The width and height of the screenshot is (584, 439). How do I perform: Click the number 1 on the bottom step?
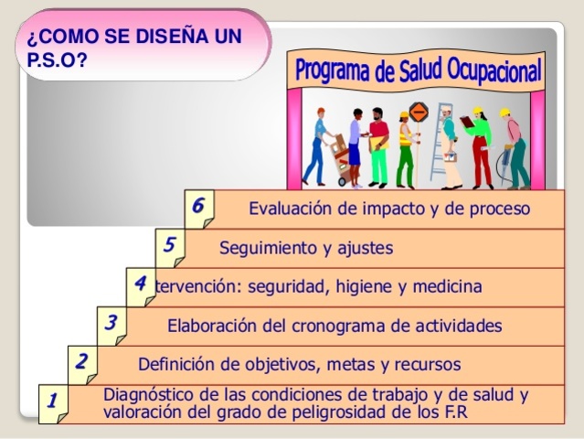[x=52, y=400]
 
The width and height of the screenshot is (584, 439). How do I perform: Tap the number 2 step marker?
[x=81, y=360]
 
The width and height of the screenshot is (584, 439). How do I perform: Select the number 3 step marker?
[x=111, y=321]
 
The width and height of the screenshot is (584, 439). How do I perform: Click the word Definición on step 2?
[x=177, y=365]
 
